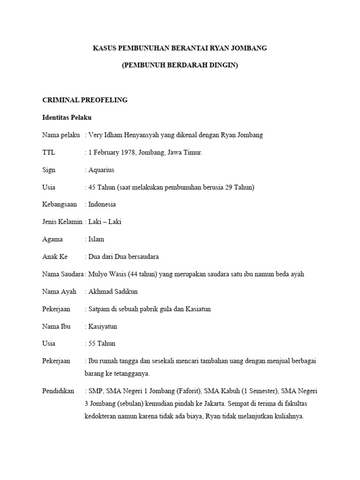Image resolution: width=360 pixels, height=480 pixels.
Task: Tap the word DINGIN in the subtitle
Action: click(225, 66)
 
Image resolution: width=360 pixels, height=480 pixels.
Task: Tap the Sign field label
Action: click(49, 170)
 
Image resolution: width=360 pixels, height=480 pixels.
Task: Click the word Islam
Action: click(96, 239)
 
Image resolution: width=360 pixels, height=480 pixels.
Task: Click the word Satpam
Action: click(99, 309)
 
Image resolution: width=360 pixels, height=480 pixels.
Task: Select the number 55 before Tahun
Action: click(92, 344)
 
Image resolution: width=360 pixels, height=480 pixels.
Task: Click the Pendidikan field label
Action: click(58, 391)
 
